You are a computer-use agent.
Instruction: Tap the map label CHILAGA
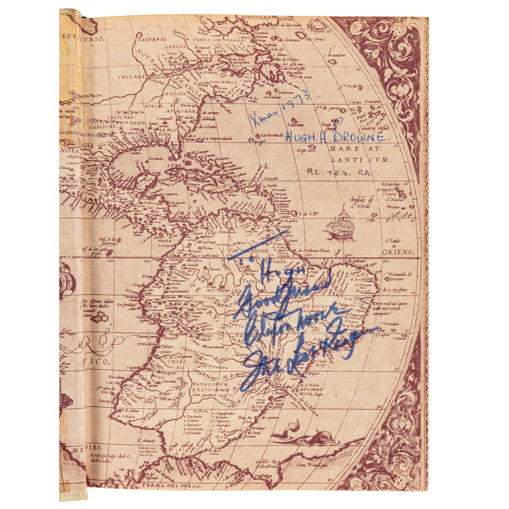pos(132,77)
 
